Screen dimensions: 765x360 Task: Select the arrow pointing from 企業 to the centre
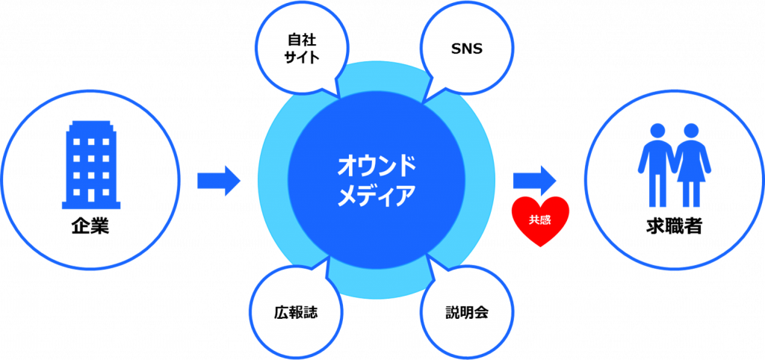coord(219,181)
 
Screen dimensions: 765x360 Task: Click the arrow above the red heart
coord(535,181)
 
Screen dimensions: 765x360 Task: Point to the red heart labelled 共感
coord(540,220)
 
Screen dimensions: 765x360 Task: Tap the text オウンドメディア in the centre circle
coord(377,181)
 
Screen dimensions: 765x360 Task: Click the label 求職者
coord(674,226)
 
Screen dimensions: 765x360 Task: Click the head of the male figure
coord(657,131)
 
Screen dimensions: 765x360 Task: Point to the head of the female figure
coord(691,131)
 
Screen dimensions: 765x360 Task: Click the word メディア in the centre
coord(377,195)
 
